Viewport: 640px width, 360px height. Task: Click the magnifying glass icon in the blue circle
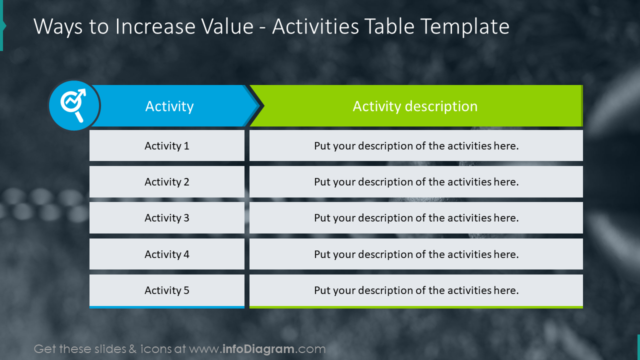tap(73, 105)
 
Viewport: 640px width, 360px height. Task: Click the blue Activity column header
tap(169, 106)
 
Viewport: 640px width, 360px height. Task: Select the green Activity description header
tap(415, 106)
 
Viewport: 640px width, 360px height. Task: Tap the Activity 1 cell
tap(167, 146)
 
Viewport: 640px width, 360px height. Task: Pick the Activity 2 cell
tap(167, 182)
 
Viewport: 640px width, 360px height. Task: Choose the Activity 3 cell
tap(167, 218)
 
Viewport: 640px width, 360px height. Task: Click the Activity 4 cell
tap(167, 254)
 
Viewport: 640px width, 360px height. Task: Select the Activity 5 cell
tap(167, 290)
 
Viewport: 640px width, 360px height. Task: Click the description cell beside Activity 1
tap(416, 146)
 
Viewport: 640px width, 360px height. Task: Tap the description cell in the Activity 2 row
tap(416, 182)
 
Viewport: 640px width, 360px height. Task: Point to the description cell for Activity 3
tap(416, 218)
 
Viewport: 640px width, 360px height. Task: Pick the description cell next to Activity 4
tap(416, 254)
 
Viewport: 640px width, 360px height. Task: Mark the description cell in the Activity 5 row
tap(416, 290)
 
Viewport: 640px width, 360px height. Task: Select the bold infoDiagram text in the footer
tap(258, 349)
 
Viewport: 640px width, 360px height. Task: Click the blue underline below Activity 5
tap(167, 307)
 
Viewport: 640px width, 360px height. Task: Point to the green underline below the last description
tap(416, 307)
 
